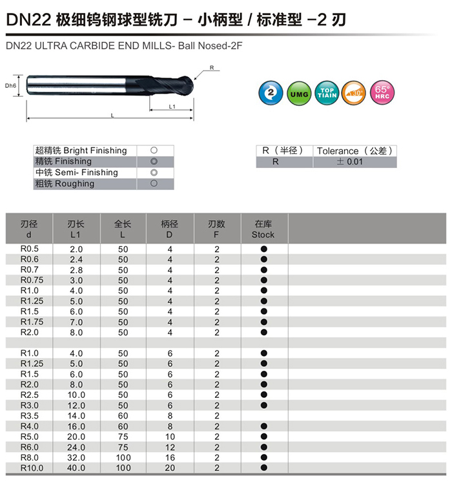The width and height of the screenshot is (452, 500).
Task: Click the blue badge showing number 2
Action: point(271,92)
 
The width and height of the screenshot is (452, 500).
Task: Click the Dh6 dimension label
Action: point(10,85)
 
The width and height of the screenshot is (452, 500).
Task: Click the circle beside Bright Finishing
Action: point(154,151)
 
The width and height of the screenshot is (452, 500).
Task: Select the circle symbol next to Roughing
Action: point(154,183)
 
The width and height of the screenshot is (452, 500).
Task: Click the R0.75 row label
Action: point(30,280)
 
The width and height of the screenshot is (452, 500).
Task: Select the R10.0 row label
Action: point(31,468)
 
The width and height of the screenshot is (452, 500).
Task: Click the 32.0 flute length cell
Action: point(76,457)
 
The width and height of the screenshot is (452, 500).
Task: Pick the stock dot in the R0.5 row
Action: point(263,249)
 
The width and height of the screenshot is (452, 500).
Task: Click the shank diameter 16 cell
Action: point(170,457)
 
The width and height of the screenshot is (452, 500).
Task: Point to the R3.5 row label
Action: point(30,416)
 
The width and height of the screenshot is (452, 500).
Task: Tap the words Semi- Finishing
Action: point(90,172)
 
